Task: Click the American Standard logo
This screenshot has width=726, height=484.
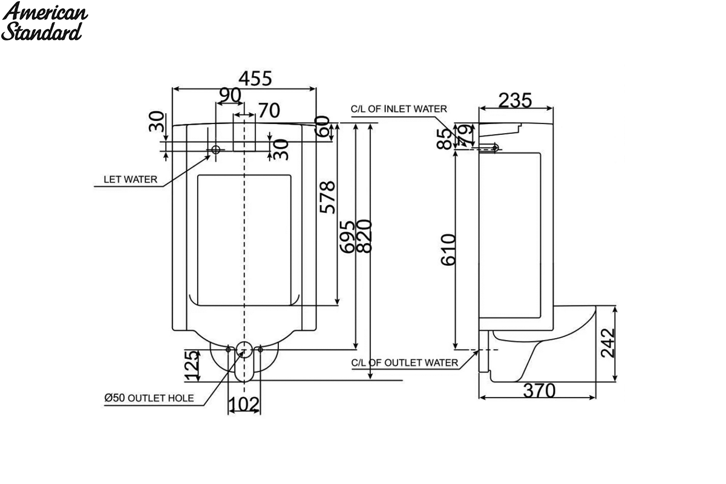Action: [x=44, y=21]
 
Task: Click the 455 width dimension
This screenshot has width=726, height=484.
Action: [x=255, y=79]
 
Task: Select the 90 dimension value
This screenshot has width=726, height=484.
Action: [x=230, y=95]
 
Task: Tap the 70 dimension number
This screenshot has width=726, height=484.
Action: [x=269, y=111]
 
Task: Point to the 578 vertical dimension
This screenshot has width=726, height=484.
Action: [x=327, y=197]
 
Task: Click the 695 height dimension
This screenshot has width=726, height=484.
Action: [x=347, y=237]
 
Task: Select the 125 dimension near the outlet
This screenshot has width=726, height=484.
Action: [x=192, y=365]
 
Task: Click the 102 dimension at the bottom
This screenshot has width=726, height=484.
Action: [x=244, y=404]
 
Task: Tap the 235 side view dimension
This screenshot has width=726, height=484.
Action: [x=515, y=100]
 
